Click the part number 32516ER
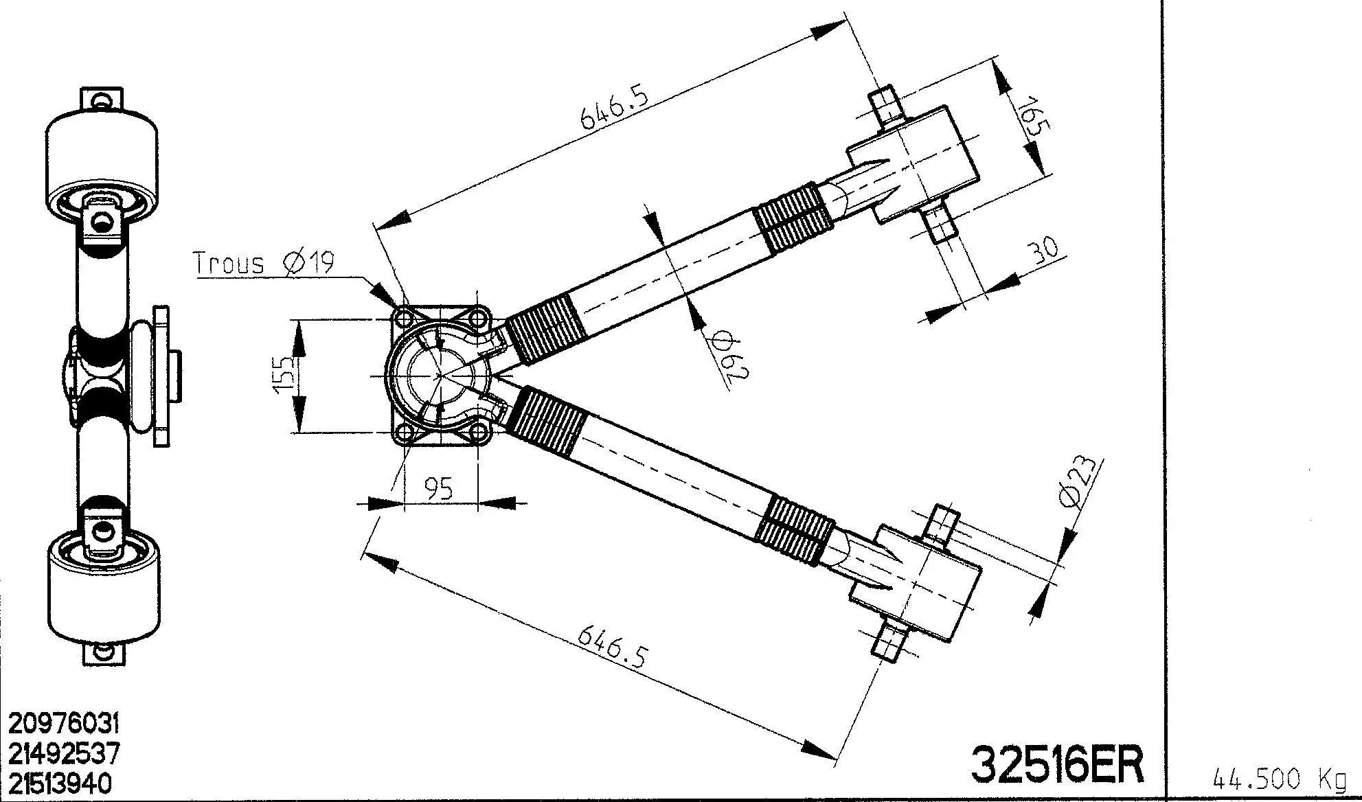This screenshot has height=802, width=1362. coord(1058,764)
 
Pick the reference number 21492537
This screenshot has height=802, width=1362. coord(64,753)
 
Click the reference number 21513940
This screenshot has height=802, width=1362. coord(60,783)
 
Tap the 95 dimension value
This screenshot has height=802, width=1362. coord(439,488)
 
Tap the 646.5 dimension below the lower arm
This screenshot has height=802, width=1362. coord(612,645)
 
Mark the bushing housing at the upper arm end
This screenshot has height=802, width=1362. coord(913,165)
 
